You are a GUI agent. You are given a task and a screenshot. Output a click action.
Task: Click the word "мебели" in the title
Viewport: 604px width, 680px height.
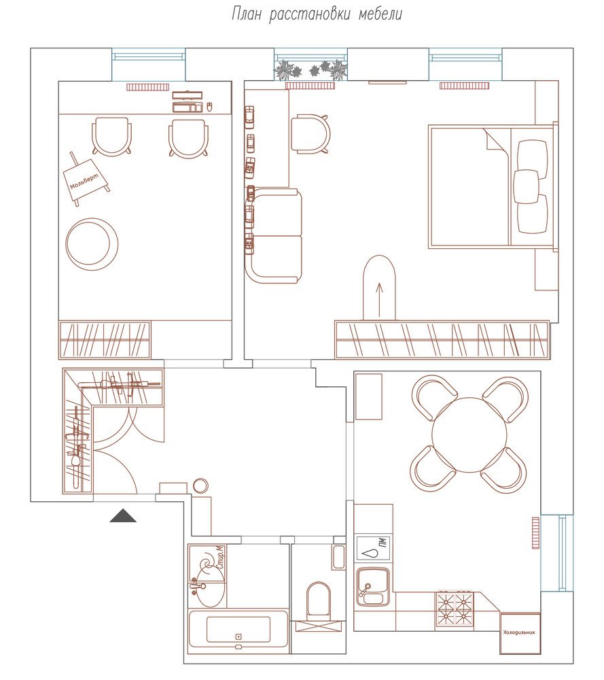click(x=380, y=14)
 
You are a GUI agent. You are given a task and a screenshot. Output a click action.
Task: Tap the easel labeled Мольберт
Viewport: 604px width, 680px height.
click(x=86, y=179)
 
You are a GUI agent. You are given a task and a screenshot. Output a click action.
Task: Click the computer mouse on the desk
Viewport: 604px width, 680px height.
click(x=210, y=107)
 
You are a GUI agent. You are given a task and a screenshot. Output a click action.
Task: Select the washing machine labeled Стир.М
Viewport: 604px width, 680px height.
click(x=208, y=563)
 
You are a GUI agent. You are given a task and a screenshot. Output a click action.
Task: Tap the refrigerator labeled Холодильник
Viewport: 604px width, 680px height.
click(x=520, y=632)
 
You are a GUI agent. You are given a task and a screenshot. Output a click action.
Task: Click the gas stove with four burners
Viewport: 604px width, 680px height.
click(x=455, y=610)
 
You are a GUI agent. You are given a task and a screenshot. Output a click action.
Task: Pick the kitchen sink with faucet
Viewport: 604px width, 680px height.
click(x=373, y=587)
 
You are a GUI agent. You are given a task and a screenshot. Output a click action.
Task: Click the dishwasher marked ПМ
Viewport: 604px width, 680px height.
click(x=373, y=548)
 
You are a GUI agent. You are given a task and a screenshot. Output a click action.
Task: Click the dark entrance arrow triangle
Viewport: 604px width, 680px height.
click(x=123, y=515)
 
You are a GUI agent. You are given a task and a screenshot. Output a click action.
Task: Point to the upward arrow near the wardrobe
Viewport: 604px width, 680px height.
click(x=380, y=299)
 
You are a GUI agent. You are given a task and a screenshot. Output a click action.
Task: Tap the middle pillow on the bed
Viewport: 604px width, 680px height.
click(x=526, y=186)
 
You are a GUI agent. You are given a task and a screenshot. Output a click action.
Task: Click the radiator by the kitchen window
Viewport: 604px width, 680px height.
click(x=536, y=532)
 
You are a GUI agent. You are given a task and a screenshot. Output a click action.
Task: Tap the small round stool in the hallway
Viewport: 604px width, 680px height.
click(x=200, y=486)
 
